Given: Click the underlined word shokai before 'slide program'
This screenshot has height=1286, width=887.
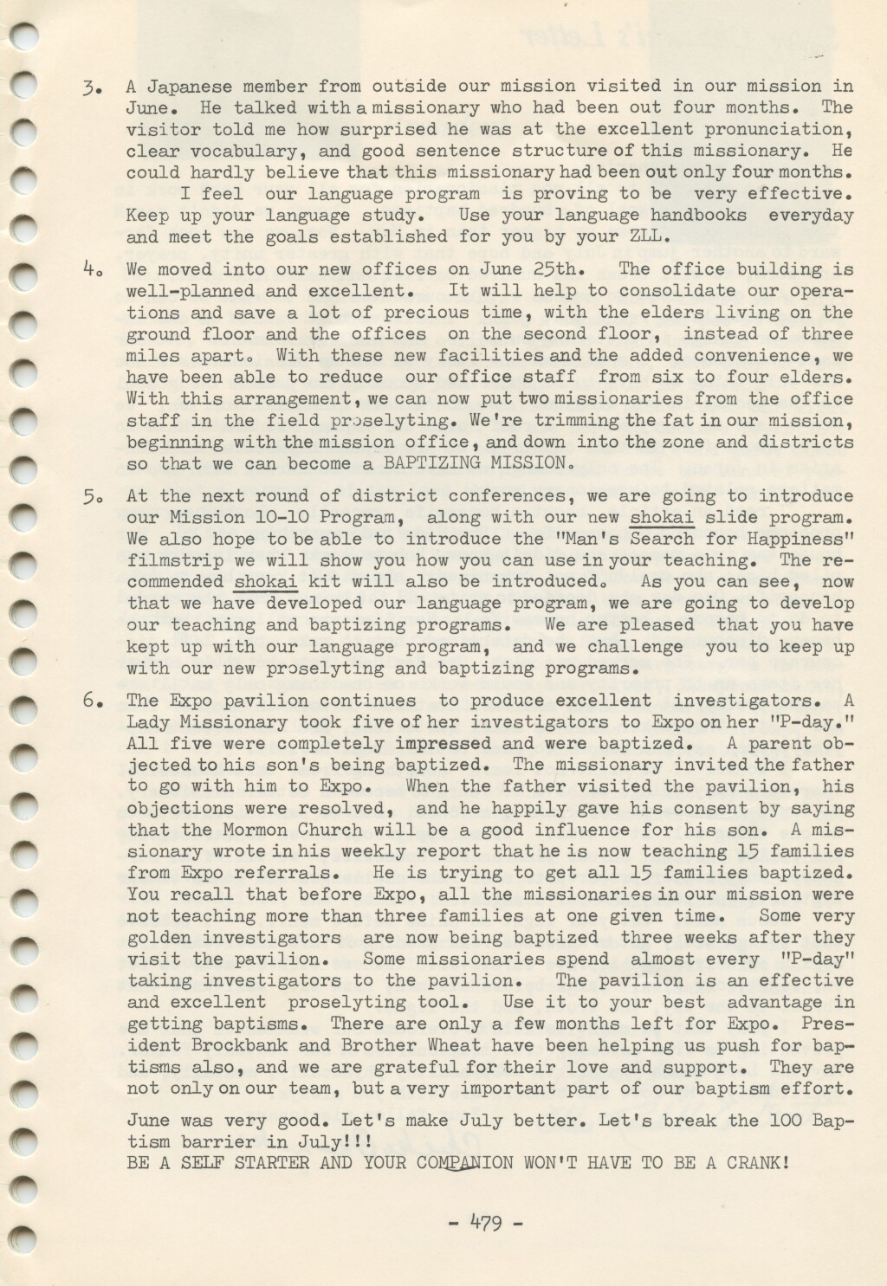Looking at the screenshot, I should coord(662,518).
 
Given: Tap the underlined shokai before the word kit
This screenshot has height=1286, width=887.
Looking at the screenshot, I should coord(265,582).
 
